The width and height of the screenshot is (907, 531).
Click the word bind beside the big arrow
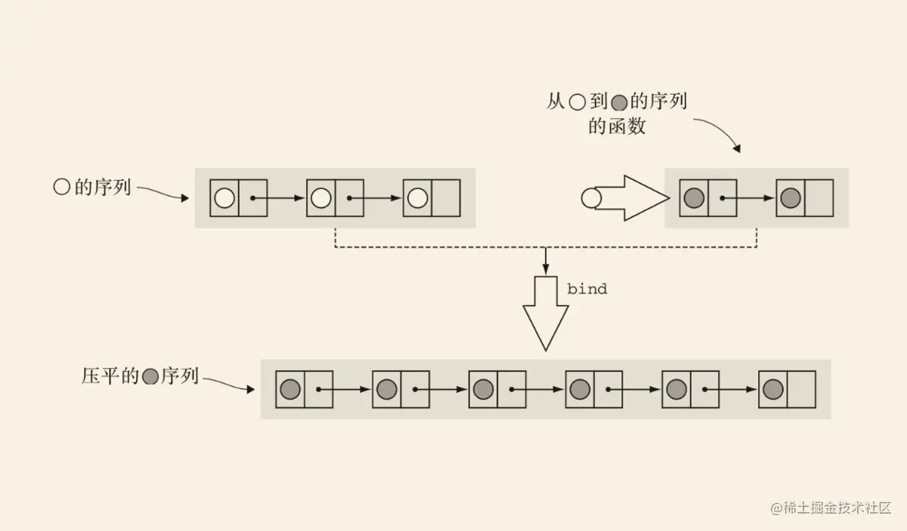click(x=587, y=289)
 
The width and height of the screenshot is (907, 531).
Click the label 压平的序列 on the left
click(x=140, y=376)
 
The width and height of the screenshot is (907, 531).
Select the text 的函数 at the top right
click(x=617, y=126)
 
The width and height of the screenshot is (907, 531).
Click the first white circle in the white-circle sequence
click(x=224, y=198)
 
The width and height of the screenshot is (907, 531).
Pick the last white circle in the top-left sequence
click(x=417, y=198)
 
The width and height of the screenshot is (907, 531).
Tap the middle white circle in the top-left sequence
click(x=320, y=198)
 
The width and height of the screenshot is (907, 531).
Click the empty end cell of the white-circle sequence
click(x=446, y=198)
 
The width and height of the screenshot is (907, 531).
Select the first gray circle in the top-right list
click(x=693, y=198)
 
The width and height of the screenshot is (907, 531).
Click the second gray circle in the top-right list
click(x=790, y=198)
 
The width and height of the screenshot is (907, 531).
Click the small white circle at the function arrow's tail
click(x=590, y=198)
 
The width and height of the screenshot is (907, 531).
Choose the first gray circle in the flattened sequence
click(x=289, y=390)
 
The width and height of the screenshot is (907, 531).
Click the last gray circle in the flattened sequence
click(x=772, y=390)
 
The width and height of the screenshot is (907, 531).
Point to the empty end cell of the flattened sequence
click(x=801, y=390)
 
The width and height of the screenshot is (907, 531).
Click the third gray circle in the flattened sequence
click(x=483, y=390)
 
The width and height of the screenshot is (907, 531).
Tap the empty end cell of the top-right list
click(x=819, y=198)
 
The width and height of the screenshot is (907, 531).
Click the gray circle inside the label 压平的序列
click(x=150, y=376)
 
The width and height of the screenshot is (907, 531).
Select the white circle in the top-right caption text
click(x=577, y=103)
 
